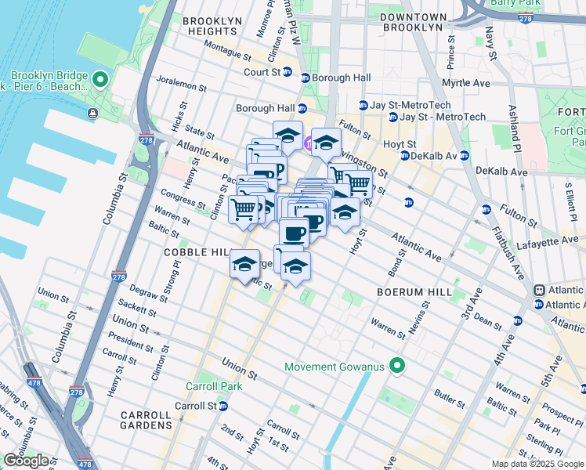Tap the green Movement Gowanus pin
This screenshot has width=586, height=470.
[397, 366]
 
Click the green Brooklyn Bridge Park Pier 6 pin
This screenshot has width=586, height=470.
[100, 79]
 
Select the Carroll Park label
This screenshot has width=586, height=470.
[210, 386]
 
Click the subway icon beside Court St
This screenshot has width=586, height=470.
[288, 73]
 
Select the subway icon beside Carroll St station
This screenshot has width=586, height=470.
[223, 406]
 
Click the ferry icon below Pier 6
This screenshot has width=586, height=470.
[93, 114]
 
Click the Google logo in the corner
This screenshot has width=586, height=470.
[26, 461]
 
